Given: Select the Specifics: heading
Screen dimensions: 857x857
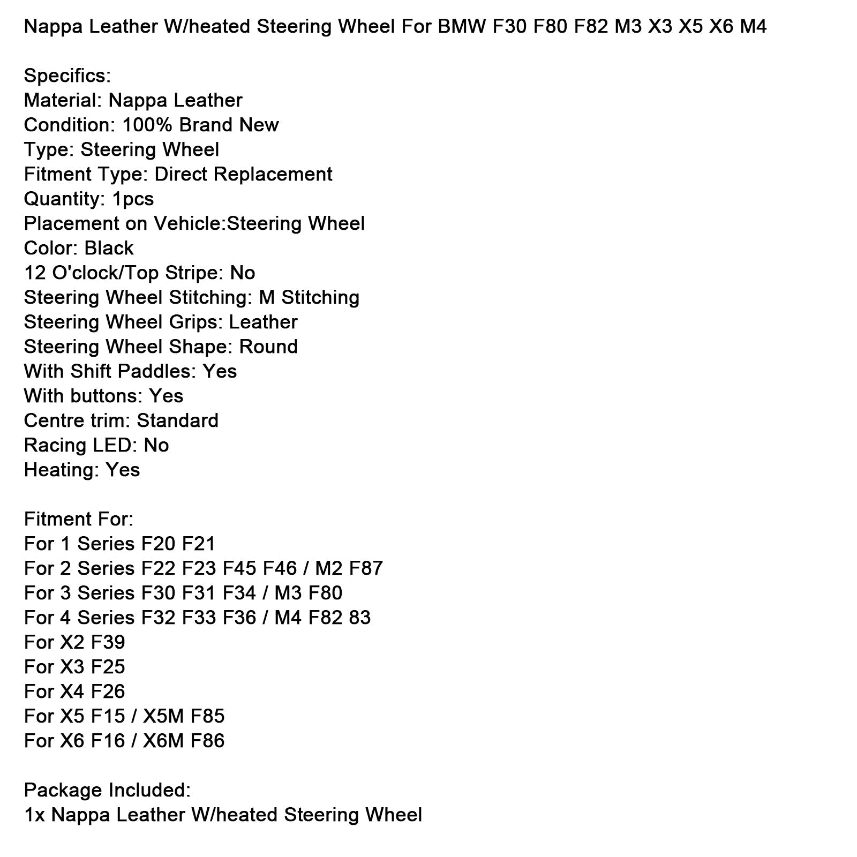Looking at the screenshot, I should tap(67, 76).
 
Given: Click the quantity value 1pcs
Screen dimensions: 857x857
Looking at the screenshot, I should tap(133, 199).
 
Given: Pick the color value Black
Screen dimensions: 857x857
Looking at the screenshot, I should tap(109, 248).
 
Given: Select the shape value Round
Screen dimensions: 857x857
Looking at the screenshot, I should tap(268, 347).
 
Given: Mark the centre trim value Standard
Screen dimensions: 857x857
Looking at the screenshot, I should tap(177, 420).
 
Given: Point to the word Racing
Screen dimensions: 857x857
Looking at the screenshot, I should tap(55, 445).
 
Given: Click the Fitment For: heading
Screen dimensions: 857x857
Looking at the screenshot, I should tap(78, 519).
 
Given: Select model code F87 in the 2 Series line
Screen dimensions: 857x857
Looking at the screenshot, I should tap(366, 568).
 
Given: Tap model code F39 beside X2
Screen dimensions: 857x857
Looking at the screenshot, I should tap(108, 642).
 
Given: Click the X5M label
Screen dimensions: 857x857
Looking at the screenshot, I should tap(163, 716).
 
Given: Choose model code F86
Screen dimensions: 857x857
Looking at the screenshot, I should tap(207, 741).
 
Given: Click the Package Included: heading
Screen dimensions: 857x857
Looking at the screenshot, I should tap(107, 790).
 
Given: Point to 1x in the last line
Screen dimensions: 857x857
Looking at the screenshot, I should tap(34, 815).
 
